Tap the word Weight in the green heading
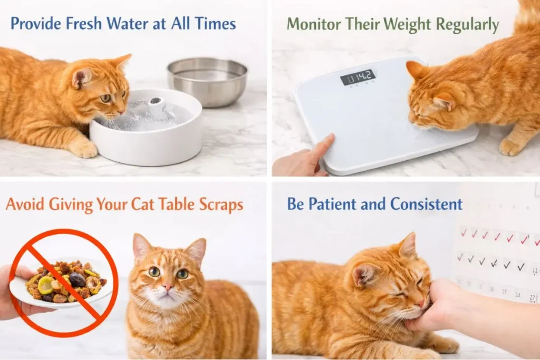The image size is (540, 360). (x=407, y=25)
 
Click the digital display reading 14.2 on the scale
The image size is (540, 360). (x=358, y=77)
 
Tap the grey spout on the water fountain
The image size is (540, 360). (x=156, y=101)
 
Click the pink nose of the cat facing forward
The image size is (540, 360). (x=168, y=287)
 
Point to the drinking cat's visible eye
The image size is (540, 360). (x=105, y=99)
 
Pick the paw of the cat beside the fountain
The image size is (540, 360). (x=83, y=148)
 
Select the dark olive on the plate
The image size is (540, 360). (x=78, y=279)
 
